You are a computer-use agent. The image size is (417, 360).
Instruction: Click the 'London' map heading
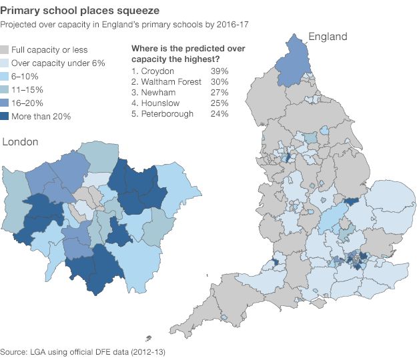coord(21,142)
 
